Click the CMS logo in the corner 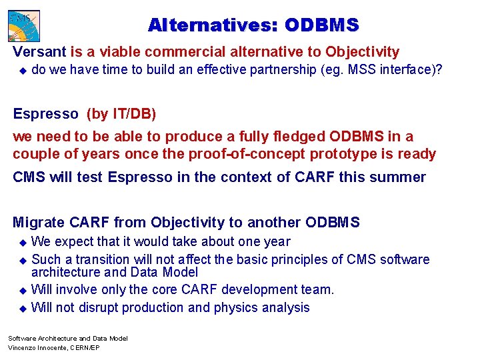(24, 25)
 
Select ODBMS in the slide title (322, 25)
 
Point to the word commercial (173, 52)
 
